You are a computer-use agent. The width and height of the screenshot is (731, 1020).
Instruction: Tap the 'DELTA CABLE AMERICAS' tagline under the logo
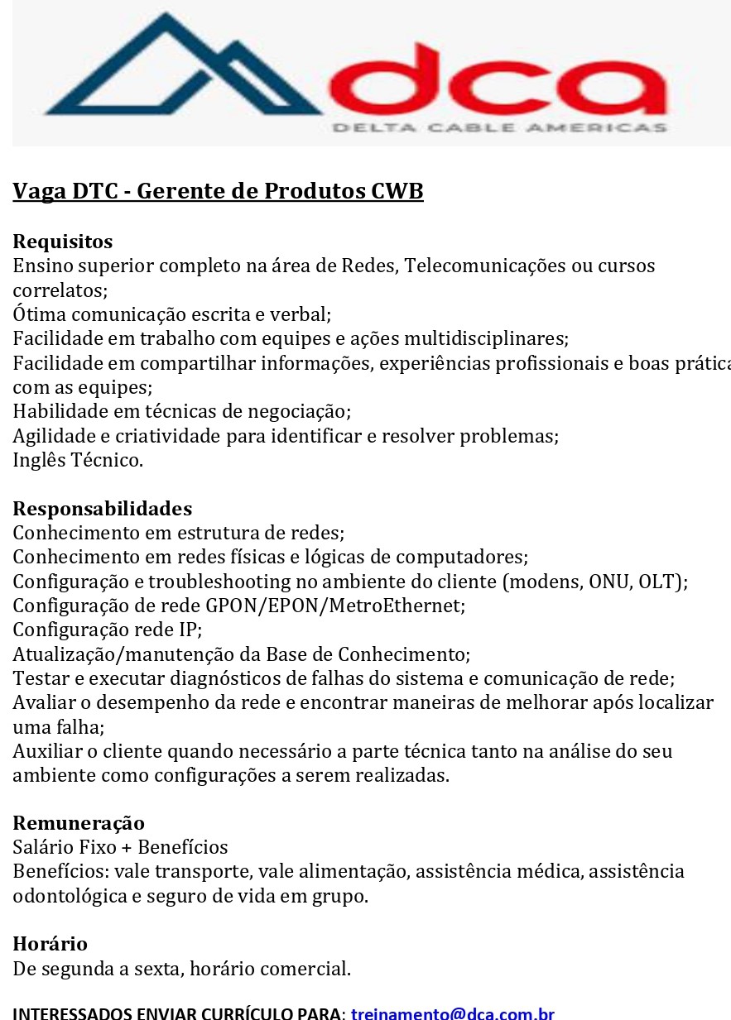pos(499,127)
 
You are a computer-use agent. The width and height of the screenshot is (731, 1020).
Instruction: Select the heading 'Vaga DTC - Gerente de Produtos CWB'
pos(218,191)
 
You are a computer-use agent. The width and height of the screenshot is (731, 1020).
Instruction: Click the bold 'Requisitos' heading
pos(62,242)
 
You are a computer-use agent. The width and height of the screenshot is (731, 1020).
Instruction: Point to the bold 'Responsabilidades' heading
pos(102,508)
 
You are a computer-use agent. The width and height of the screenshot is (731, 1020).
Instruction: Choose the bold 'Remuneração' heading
pos(79,822)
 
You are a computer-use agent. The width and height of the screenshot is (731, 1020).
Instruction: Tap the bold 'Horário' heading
pos(50,944)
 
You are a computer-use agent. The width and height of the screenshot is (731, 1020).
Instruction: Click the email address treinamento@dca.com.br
pos(452,1013)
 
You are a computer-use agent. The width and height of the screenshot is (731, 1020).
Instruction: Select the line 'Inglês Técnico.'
pos(78,460)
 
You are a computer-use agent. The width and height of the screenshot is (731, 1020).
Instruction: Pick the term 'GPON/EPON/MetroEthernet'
pos(335,606)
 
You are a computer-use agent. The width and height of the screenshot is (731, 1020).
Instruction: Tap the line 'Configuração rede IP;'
pos(107,630)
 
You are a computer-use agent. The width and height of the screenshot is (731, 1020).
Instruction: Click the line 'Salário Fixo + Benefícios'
pos(120,847)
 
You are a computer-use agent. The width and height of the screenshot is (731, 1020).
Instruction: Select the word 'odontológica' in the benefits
pos(65,896)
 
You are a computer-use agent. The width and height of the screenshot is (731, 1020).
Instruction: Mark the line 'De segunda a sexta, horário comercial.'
pos(181,969)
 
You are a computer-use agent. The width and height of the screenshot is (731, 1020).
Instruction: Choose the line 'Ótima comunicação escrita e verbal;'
pos(171,314)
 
